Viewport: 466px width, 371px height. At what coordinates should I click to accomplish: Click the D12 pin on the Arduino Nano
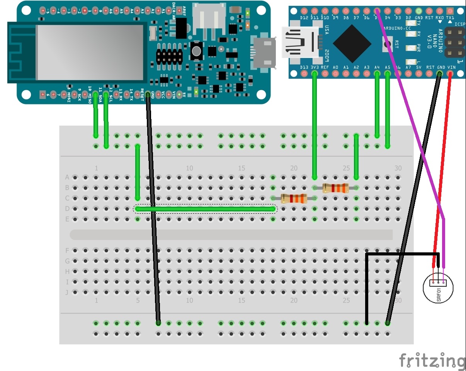[x=304, y=11]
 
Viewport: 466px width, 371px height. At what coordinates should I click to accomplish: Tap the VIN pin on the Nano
[x=451, y=73]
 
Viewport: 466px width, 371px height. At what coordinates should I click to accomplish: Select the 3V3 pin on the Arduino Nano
[x=315, y=73]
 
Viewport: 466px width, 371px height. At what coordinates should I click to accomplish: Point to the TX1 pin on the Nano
[x=450, y=11]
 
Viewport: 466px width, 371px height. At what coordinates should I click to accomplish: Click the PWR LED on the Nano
[x=410, y=48]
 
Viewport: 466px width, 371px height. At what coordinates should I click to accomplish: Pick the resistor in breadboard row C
[x=294, y=199]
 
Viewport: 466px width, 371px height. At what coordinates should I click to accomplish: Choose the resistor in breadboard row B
[x=335, y=188]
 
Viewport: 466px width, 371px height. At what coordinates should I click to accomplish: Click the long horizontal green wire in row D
[x=205, y=209]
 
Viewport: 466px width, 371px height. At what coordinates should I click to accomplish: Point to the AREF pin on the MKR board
[x=184, y=11]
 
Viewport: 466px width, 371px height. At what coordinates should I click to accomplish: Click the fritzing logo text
[x=432, y=361]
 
